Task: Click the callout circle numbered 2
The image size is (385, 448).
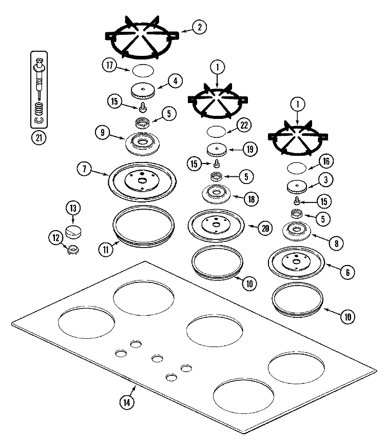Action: click(199, 27)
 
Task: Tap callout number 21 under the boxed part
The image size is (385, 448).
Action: click(38, 138)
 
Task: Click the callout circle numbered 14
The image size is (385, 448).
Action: click(127, 402)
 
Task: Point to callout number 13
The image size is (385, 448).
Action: click(73, 208)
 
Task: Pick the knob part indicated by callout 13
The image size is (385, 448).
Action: click(73, 231)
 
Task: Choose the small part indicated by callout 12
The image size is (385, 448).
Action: click(73, 250)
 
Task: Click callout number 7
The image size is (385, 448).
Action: click(84, 169)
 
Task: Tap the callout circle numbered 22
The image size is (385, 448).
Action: click(244, 125)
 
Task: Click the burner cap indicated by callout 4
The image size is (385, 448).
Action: click(143, 91)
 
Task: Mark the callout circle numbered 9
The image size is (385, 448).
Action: click(103, 133)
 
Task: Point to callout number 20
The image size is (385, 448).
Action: click(265, 228)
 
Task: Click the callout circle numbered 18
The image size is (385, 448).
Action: click(251, 199)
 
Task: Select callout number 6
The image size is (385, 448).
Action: click(348, 272)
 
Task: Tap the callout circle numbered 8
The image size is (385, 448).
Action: click(336, 243)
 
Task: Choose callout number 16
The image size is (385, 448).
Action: click(326, 161)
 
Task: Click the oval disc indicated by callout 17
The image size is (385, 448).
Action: click(143, 71)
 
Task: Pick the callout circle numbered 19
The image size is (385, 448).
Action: click(250, 149)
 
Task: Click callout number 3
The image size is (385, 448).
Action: click(326, 180)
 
